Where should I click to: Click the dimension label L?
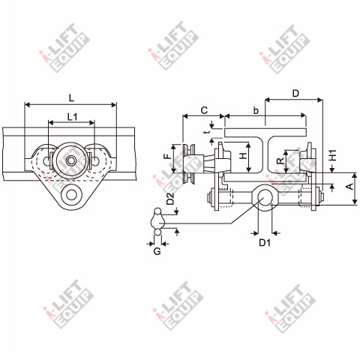pyautogui.click(x=71, y=98)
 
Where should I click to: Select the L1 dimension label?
pyautogui.click(x=72, y=116)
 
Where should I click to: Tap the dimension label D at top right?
pyautogui.click(x=295, y=94)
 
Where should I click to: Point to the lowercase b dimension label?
pyautogui.click(x=256, y=110)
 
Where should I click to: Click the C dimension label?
pyautogui.click(x=204, y=110)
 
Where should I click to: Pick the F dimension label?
pyautogui.click(x=168, y=157)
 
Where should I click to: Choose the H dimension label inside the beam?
pyautogui.click(x=243, y=156)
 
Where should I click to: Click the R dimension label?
pyautogui.click(x=280, y=160)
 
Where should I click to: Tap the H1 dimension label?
pyautogui.click(x=333, y=155)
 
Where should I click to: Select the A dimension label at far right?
pyautogui.click(x=350, y=186)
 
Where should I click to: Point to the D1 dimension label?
pyautogui.click(x=265, y=242)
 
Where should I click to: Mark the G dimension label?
pyautogui.click(x=157, y=251)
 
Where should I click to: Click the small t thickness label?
pyautogui.click(x=205, y=132)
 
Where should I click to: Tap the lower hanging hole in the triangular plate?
pyautogui.click(x=71, y=195)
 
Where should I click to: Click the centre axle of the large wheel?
pyautogui.click(x=71, y=160)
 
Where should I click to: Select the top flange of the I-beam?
pyautogui.click(x=265, y=133)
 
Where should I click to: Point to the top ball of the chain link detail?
pyautogui.click(x=157, y=211)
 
